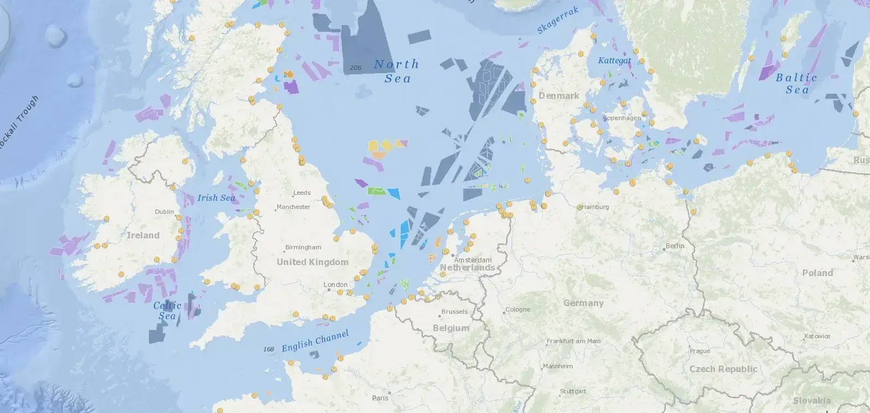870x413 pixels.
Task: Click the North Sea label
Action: click(397, 71)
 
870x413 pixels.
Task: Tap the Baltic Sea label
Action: click(796, 83)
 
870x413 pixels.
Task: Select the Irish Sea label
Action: click(216, 197)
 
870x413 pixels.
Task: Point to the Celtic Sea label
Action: click(167, 310)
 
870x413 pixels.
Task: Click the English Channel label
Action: click(315, 341)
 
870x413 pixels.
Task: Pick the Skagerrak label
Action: click(557, 21)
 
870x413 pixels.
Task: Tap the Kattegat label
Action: click(614, 61)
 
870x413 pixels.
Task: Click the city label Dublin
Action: click(164, 212)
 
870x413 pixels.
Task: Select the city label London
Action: click(335, 285)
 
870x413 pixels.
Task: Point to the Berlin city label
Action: click(675, 246)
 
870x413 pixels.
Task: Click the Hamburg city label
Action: click(595, 207)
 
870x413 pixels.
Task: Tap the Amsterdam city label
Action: click(473, 260)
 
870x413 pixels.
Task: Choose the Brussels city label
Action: click(455, 312)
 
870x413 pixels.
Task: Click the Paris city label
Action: click(380, 398)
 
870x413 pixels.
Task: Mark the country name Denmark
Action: click(559, 96)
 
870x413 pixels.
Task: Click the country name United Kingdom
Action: click(312, 262)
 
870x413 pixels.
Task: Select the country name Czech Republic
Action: click(723, 369)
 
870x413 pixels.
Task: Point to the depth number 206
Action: click(356, 68)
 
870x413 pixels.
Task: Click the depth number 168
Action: click(269, 349)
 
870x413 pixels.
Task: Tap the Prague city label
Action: click(700, 351)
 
